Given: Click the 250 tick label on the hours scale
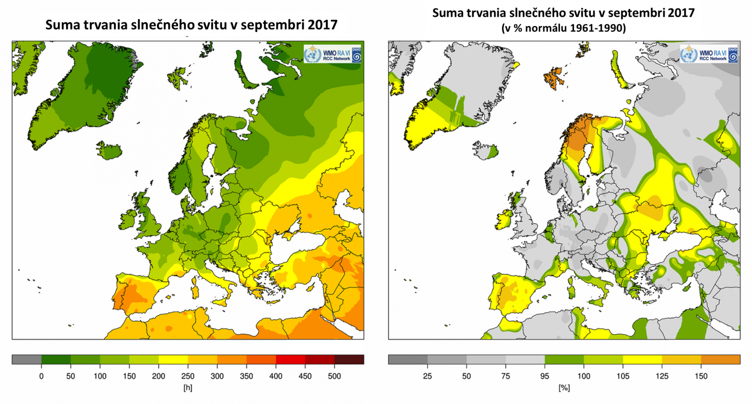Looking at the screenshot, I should point(188,376).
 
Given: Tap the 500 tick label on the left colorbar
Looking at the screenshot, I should point(334,376).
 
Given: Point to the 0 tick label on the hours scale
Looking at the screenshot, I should point(41,376).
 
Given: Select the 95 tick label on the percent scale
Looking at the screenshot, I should point(545,376).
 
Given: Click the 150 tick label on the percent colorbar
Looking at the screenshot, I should point(701,376).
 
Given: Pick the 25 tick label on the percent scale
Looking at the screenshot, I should point(427,376).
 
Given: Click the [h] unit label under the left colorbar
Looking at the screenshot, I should point(188,388).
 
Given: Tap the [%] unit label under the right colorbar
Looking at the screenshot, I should point(564,388).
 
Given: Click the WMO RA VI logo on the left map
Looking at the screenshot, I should point(333,54).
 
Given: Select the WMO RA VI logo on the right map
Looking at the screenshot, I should point(709,54).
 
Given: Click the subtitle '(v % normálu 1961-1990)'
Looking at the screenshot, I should point(564,28).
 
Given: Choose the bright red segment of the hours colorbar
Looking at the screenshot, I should point(290,360).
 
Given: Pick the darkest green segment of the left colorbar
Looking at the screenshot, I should point(56,360).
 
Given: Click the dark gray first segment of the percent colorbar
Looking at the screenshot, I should point(407,360).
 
